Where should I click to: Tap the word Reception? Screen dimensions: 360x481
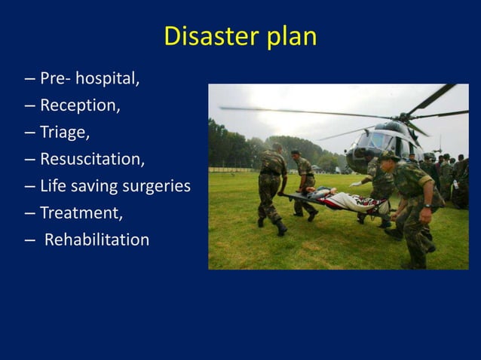(79, 105)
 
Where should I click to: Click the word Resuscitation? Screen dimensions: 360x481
(92, 159)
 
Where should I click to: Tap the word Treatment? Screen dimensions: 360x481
(81, 213)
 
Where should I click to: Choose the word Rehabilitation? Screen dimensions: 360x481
(97, 240)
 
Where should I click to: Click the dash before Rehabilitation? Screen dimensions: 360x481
(28, 240)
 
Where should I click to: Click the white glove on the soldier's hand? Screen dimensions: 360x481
(355, 184)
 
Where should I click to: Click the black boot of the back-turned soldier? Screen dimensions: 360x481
(281, 227)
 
